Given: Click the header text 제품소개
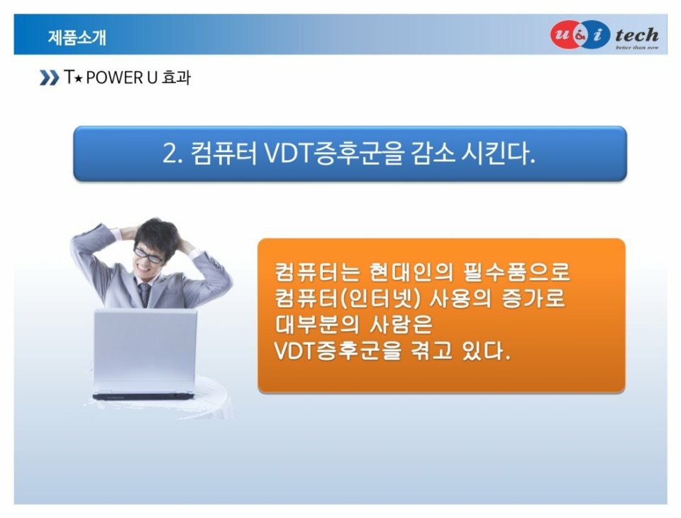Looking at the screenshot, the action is [77, 38].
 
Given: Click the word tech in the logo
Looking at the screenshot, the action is [637, 34].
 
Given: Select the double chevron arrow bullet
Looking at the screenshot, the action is [49, 78].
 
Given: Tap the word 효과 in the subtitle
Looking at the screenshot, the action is [176, 78].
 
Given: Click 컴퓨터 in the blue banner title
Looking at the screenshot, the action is [224, 153].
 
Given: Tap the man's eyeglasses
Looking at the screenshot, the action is [148, 255].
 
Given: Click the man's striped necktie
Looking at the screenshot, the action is [144, 294].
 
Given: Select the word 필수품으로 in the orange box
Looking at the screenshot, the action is [516, 272].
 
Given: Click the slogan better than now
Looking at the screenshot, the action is [637, 47].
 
